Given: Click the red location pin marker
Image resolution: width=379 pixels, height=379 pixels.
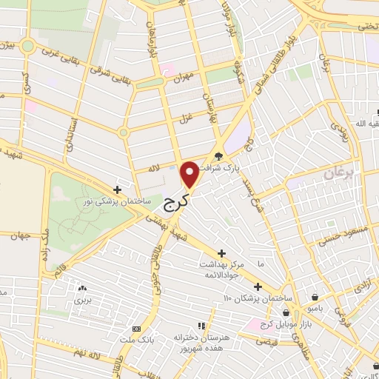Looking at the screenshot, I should coord(190,174).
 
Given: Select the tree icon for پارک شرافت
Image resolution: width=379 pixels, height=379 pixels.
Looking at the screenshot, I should coord(218,156).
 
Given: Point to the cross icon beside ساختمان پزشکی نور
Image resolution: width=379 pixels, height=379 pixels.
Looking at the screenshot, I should coord(117,190).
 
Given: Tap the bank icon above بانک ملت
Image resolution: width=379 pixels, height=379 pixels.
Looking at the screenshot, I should coord(135,329).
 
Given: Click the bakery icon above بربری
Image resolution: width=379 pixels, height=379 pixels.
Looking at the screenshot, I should coord(81,288).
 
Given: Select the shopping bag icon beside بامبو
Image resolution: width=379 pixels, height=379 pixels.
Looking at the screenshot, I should coord(317,293).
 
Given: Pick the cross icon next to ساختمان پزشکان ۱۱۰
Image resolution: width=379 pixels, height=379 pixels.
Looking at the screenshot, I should coord(258,286).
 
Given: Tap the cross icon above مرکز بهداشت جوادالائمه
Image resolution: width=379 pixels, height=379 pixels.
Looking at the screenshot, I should coord(222,253).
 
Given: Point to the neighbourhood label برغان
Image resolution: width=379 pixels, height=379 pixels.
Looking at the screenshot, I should coord(339,174).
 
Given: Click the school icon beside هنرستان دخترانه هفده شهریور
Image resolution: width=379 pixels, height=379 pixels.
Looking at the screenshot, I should coord(200,325).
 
